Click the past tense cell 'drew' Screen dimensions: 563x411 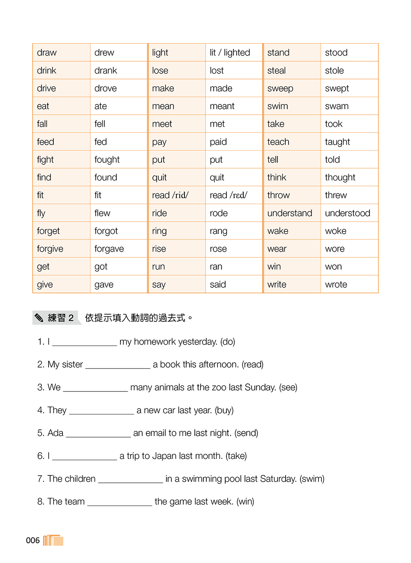pyautogui.click(x=104, y=53)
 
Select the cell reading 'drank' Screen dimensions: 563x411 pyautogui.click(x=106, y=70)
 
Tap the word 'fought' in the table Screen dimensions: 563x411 pyautogui.click(x=107, y=160)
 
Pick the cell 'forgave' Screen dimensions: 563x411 pyautogui.click(x=109, y=249)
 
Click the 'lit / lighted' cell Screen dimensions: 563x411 pyautogui.click(x=230, y=53)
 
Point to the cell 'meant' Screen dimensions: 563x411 pyautogui.click(x=222, y=106)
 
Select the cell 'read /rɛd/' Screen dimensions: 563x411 pyautogui.click(x=229, y=195)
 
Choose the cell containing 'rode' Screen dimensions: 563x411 pyautogui.click(x=219, y=213)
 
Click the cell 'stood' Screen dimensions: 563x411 pyautogui.click(x=336, y=53)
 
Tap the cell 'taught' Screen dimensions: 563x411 pyautogui.click(x=337, y=142)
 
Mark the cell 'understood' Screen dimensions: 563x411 pyautogui.click(x=347, y=213)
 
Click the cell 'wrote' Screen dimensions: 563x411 pyautogui.click(x=336, y=285)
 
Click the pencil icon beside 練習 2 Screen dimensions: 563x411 pyautogui.click(x=39, y=317)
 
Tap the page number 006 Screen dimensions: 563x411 pyautogui.click(x=33, y=540)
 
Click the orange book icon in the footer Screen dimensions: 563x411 pyautogui.click(x=53, y=540)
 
